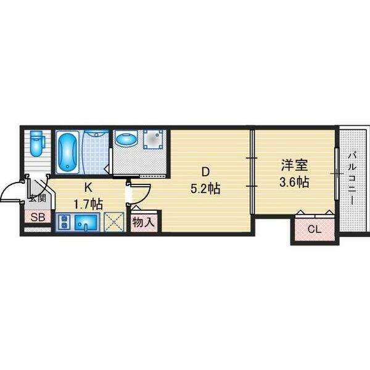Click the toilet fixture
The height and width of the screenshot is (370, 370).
37,144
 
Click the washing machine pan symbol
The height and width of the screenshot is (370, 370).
154,139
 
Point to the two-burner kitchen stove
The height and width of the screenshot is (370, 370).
64,222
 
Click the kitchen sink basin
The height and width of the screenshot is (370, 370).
86,223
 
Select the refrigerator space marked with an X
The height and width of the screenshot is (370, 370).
114,221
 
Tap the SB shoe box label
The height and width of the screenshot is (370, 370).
38,217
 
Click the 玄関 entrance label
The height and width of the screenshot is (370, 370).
37,199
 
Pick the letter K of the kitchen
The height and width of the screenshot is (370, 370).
88,187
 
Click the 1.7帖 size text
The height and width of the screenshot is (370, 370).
88,204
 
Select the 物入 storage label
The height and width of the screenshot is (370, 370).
144,222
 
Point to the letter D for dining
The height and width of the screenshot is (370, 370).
205,172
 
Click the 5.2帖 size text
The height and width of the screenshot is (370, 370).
205,189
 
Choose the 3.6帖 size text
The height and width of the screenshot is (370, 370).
294,182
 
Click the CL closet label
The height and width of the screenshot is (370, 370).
314,229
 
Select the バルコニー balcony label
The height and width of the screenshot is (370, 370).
353,179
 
